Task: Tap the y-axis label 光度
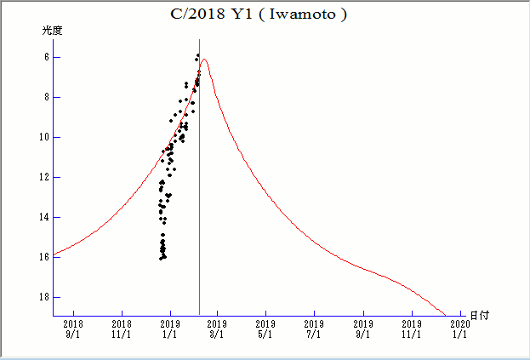pos(53,31)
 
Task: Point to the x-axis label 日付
pos(480,316)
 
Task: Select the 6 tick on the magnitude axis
pos(45,57)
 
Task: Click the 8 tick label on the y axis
pos(45,97)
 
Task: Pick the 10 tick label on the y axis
pos(43,137)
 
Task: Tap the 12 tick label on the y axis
pos(43,177)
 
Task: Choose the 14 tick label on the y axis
pos(43,217)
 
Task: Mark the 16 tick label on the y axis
pos(43,257)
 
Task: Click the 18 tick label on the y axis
pos(43,297)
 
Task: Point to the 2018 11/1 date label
pos(122,329)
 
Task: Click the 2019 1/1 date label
pos(169,329)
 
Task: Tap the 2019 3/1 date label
pos(217,329)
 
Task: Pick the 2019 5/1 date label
pos(265,329)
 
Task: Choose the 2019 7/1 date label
pos(314,329)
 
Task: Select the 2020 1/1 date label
pos(459,329)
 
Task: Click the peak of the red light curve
pos(204,60)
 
